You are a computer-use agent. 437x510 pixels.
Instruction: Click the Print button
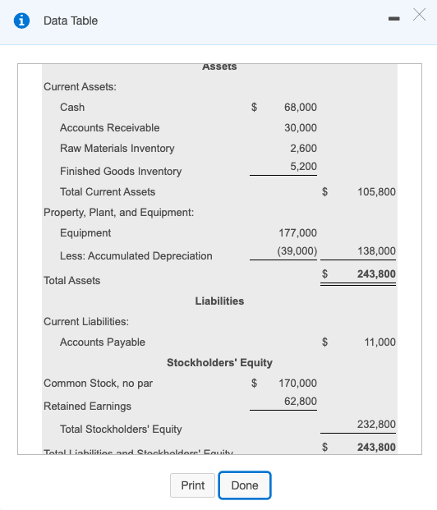pos(192,485)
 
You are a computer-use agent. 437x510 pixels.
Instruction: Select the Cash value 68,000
pos(300,108)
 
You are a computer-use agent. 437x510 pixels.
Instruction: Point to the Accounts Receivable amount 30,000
pos(300,128)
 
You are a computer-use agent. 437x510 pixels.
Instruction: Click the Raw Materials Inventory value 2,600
pos(303,148)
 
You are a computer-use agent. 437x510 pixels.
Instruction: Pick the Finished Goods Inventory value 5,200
pos(303,167)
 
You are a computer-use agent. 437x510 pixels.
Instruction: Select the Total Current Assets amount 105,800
pos(377,192)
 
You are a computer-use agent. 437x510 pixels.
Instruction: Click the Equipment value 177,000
pos(297,233)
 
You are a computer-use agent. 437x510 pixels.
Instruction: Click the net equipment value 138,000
pos(377,251)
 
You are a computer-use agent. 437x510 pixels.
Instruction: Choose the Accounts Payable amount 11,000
pos(379,342)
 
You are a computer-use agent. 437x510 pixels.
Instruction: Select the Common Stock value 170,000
pos(297,384)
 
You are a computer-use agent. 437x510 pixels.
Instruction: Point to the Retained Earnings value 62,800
pos(300,401)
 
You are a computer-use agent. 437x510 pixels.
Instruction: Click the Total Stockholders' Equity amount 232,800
pos(377,425)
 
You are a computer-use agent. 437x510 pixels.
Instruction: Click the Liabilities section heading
pos(219,301)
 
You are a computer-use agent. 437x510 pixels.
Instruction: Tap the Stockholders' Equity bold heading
pos(219,362)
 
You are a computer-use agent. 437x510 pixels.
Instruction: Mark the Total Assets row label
pos(71,281)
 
